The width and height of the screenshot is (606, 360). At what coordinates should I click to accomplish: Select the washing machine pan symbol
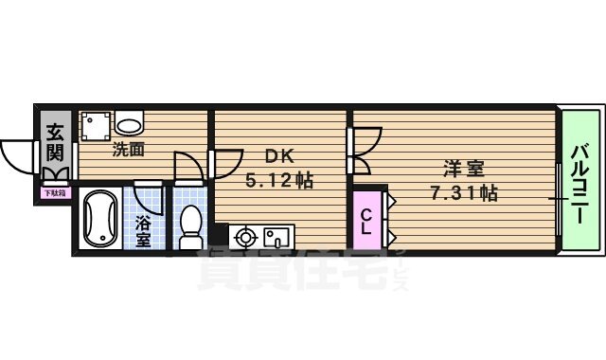96,124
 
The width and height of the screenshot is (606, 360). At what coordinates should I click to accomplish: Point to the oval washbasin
131,122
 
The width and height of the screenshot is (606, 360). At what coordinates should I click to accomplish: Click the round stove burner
245,236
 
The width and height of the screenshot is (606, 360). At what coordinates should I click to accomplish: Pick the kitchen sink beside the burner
276,236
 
